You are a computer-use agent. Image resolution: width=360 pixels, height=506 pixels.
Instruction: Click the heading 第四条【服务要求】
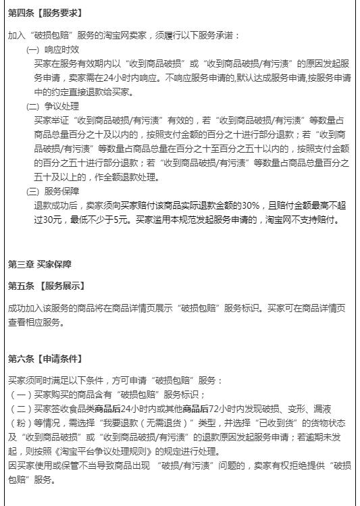[45, 13]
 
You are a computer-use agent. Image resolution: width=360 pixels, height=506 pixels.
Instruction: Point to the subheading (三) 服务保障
[53, 191]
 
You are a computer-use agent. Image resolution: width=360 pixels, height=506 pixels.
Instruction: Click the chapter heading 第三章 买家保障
[40, 263]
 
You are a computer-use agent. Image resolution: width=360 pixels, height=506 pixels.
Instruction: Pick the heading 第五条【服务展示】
[47, 286]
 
